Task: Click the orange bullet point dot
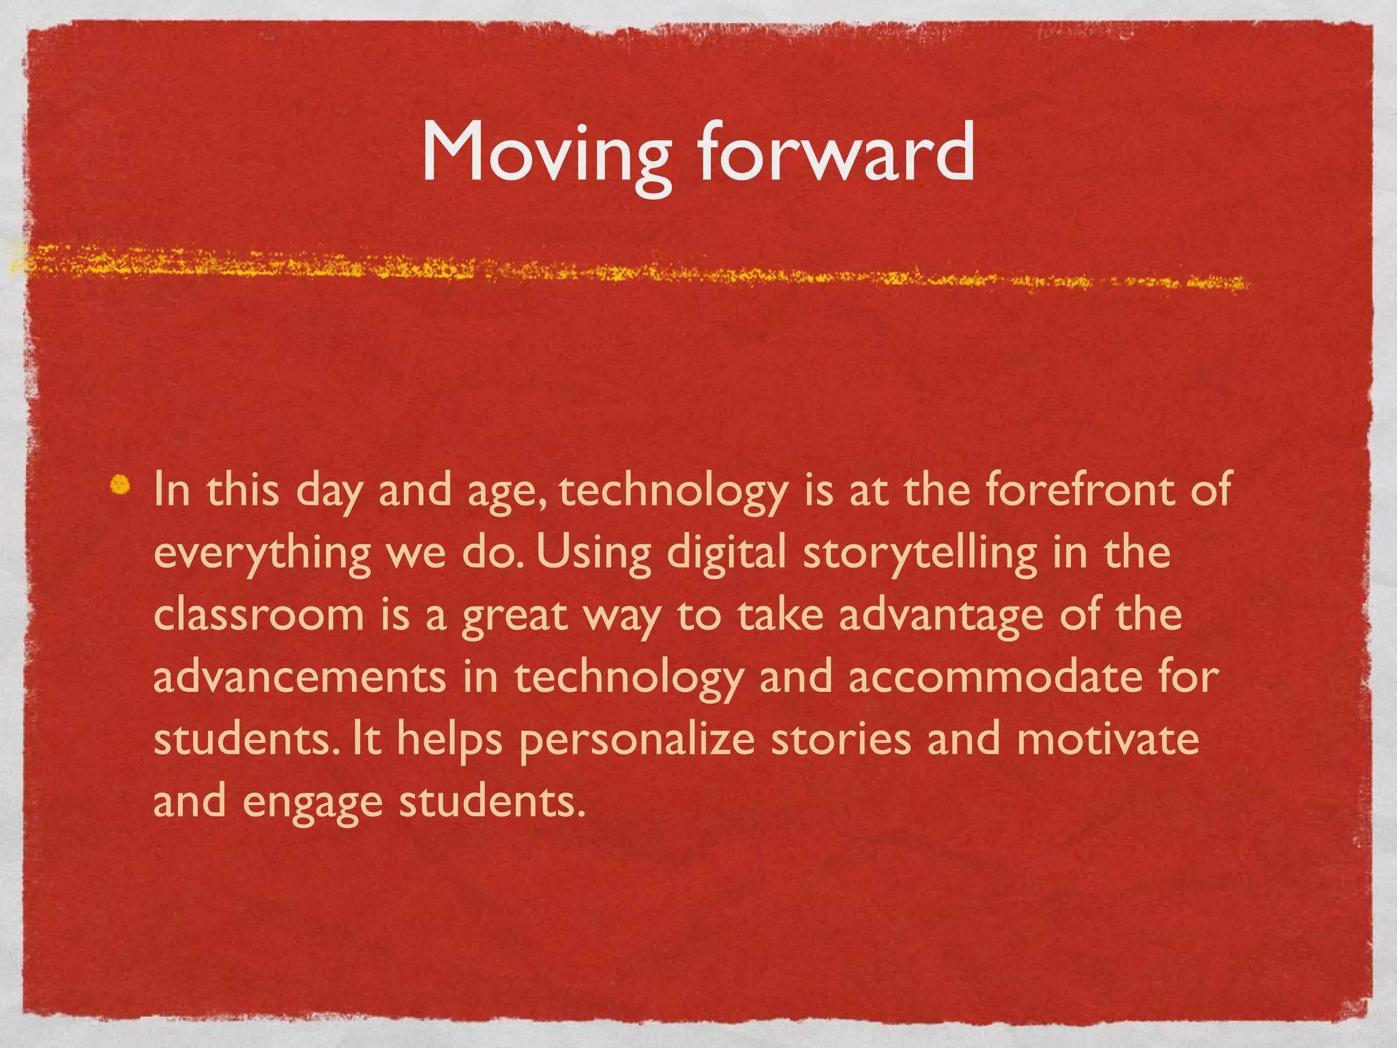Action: click(121, 484)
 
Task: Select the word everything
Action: click(262, 553)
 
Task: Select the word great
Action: click(515, 616)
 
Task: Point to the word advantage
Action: click(941, 616)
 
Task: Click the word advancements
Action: click(299, 677)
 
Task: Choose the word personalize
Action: click(637, 741)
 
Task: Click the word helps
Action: click(450, 741)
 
